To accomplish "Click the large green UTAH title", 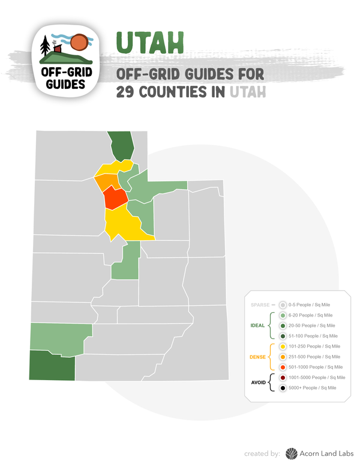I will tap(149, 41).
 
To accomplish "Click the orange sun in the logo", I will tap(79, 43).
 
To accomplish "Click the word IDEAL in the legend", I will tap(257, 325).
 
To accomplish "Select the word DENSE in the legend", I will tap(257, 357).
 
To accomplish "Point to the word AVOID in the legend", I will tap(257, 383).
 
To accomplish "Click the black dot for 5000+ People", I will tap(283, 388).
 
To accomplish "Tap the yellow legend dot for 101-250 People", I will tap(283, 346).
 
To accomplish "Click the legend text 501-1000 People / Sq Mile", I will tap(316, 367).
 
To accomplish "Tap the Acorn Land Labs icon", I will tap(292, 453).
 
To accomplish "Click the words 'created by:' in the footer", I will tap(262, 453).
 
